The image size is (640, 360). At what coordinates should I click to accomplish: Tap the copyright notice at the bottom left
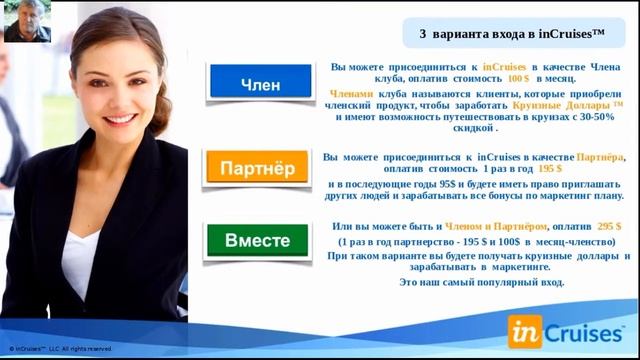[61, 349]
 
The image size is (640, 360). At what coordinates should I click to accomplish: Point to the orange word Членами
[350, 91]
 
